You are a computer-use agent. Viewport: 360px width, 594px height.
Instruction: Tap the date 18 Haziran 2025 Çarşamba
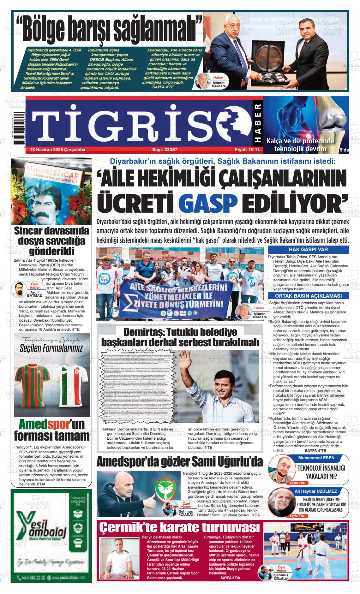click(57, 150)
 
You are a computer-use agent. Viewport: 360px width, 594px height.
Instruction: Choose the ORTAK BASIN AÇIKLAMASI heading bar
click(308, 296)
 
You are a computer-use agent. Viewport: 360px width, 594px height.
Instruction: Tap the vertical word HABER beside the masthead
click(257, 123)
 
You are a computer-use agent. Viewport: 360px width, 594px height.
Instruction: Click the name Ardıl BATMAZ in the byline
click(34, 294)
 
